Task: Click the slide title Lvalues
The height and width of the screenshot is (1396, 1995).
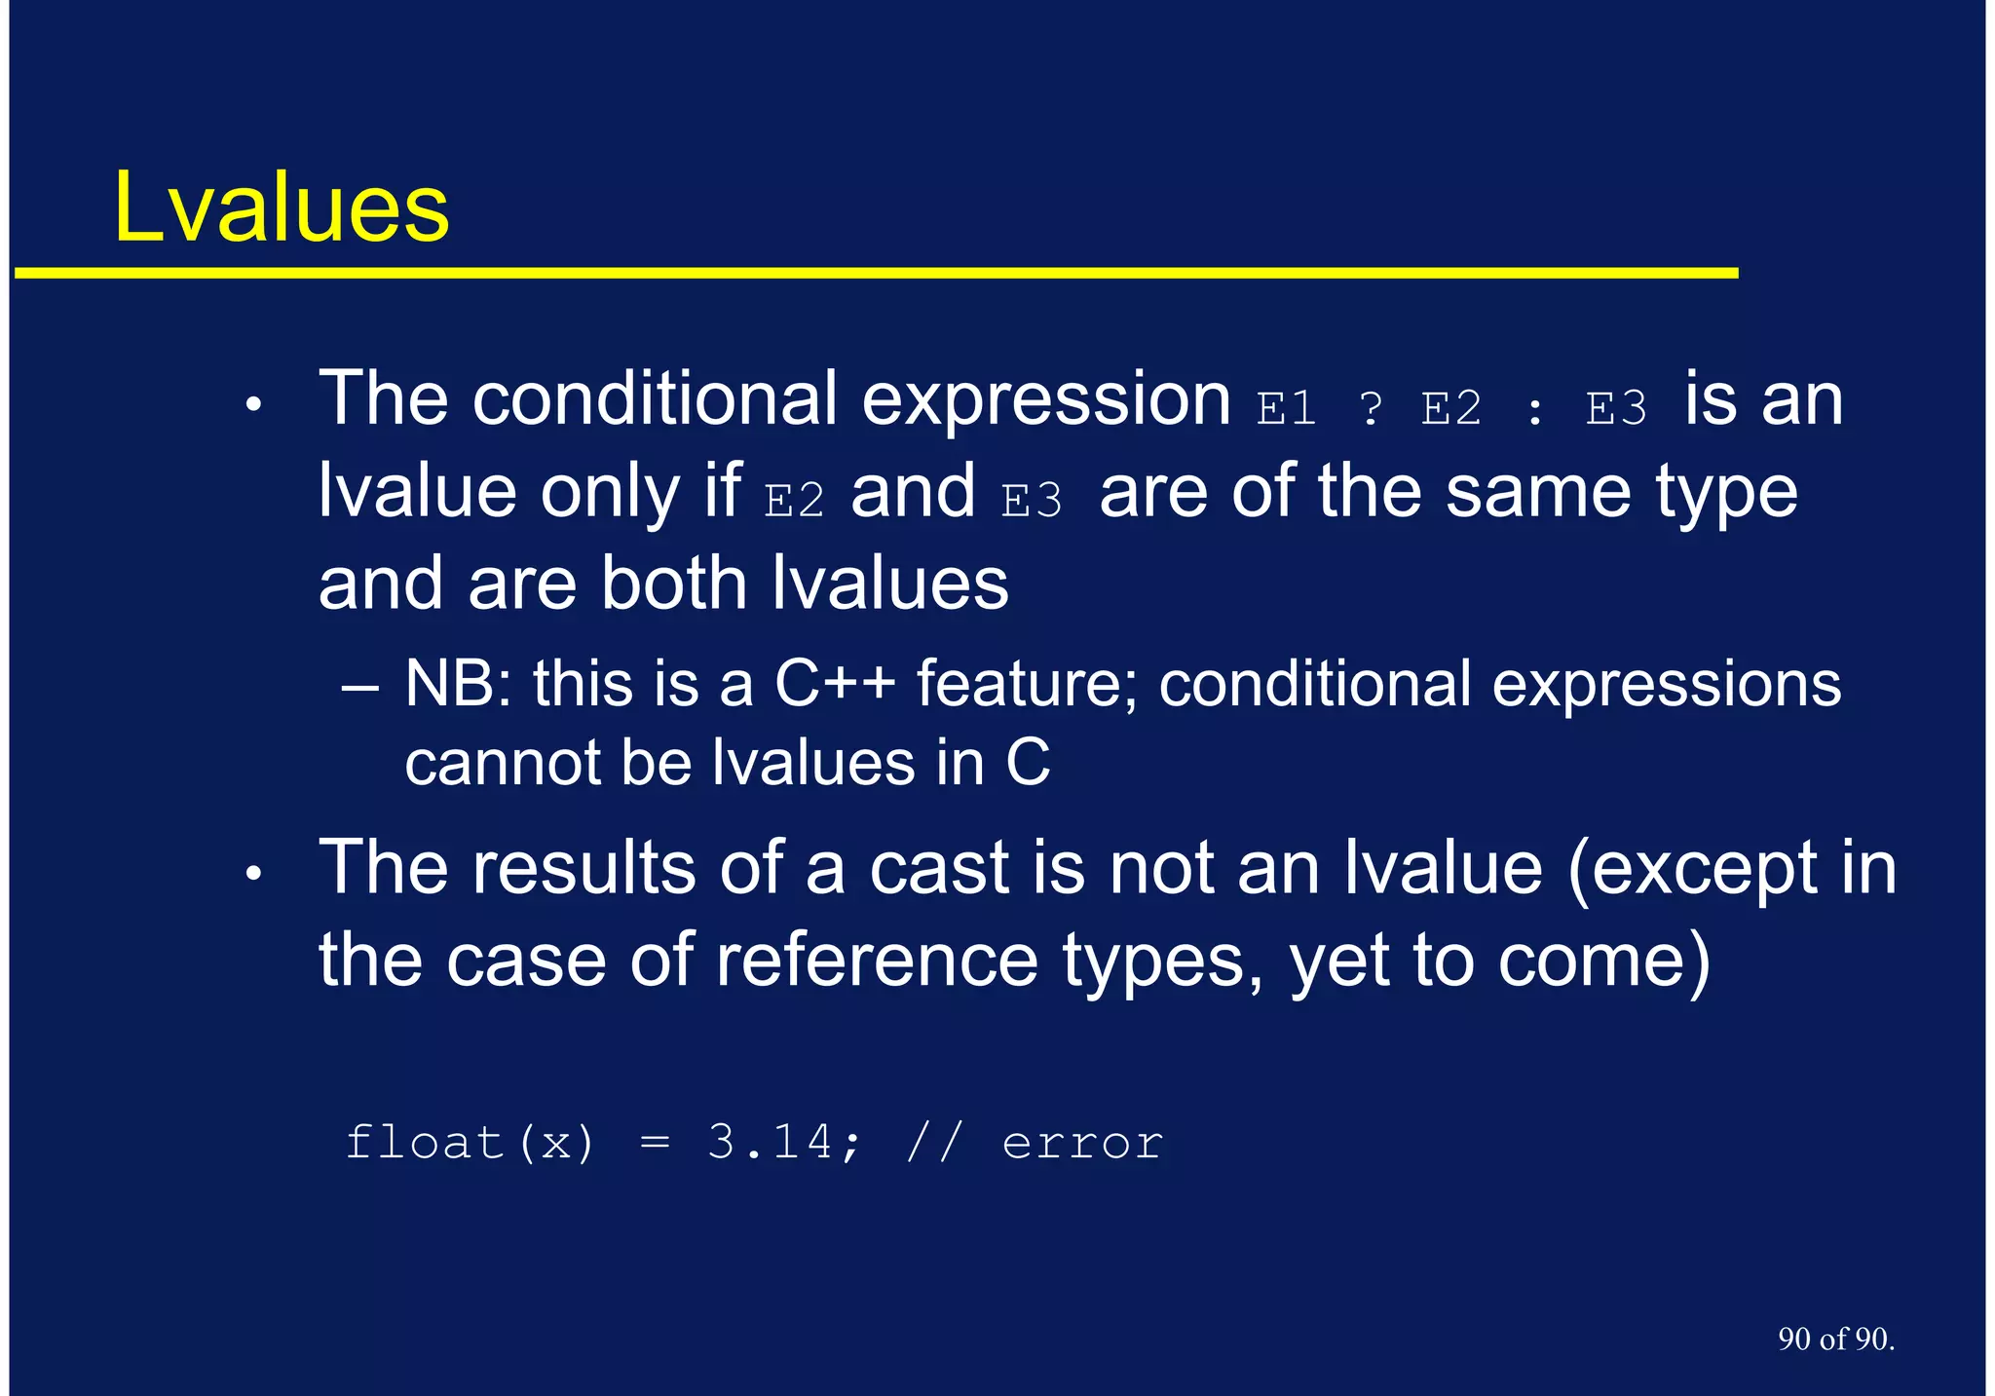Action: [281, 207]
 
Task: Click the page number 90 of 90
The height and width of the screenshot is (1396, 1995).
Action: [1835, 1339]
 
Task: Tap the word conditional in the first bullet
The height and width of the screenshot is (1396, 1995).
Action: [655, 399]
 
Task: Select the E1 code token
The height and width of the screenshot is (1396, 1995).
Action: [1286, 408]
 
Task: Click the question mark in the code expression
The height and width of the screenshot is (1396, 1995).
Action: [1371, 408]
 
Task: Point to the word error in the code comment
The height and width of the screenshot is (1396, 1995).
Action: [1082, 1142]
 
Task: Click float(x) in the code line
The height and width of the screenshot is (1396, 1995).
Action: [470, 1142]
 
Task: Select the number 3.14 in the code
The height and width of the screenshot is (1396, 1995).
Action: [770, 1142]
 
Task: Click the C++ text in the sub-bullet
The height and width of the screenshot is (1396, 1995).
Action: [834, 684]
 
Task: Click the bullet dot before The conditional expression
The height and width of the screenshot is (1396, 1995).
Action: [253, 404]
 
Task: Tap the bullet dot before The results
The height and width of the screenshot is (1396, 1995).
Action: [253, 874]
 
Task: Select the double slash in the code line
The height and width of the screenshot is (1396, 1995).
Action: [934, 1142]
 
